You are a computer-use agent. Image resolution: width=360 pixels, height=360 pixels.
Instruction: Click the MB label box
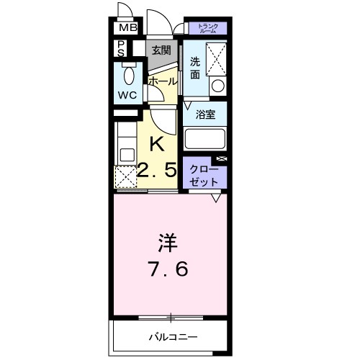tap(127, 28)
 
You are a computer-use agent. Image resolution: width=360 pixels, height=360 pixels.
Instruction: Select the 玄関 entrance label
tap(161, 50)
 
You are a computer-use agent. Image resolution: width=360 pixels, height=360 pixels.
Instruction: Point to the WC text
tap(127, 94)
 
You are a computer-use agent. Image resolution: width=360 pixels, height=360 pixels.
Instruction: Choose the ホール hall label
tap(162, 81)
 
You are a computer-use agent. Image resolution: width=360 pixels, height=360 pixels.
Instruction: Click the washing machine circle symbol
tap(217, 86)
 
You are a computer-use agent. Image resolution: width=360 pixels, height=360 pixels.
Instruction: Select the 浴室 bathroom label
tap(205, 113)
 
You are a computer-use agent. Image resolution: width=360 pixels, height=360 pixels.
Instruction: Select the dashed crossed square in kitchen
tap(127, 176)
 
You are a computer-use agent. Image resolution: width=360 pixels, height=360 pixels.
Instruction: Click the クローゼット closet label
tap(203, 174)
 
